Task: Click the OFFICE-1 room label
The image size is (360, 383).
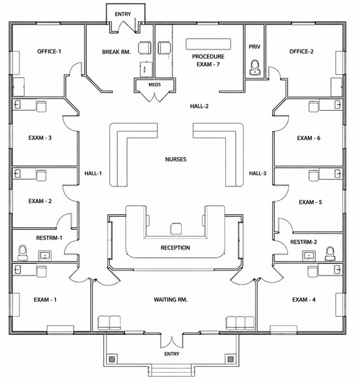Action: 49,51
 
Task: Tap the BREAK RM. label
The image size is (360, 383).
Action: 117,52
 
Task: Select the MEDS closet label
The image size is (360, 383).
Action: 154,85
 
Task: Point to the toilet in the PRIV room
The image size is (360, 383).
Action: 255,67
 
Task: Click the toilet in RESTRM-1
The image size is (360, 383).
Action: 22,253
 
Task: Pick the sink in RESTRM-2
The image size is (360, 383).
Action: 309,255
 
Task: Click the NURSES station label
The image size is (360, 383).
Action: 176,159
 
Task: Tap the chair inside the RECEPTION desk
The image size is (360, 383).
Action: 176,229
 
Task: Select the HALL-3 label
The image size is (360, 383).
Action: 258,173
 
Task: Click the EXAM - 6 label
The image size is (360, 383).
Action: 309,138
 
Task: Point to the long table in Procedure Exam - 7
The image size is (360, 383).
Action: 208,44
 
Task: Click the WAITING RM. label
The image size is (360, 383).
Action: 171,300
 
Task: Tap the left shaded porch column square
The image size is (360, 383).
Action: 112,359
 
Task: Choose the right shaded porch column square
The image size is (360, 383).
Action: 230,359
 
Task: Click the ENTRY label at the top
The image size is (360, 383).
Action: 123,14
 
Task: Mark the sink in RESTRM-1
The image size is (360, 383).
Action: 45,255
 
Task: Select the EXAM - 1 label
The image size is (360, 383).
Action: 45,300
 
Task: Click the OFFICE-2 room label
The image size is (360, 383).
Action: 301,51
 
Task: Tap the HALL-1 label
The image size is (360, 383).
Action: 93,173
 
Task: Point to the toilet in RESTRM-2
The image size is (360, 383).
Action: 330,253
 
